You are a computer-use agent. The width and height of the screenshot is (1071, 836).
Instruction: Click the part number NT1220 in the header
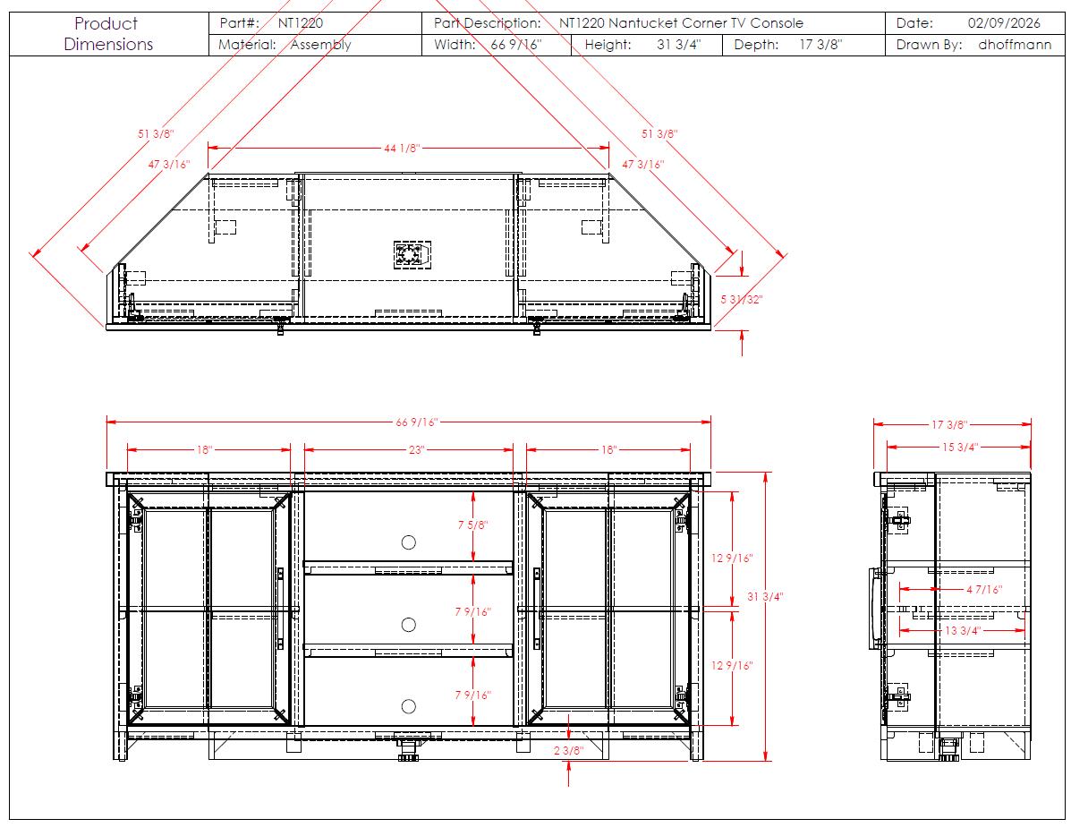pos(300,22)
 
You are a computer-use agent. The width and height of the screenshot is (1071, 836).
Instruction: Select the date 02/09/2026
pos(1003,22)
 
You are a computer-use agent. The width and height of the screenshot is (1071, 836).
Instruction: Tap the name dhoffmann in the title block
pos(1015,45)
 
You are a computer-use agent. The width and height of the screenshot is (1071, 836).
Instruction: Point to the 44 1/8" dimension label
pos(402,148)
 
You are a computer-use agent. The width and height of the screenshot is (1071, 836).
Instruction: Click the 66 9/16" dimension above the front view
pos(417,422)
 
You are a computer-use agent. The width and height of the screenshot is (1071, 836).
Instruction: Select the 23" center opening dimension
pos(417,450)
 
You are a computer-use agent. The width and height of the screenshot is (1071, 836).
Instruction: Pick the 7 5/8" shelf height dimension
pos(472,525)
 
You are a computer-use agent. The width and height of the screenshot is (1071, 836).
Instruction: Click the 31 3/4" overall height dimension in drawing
pos(765,597)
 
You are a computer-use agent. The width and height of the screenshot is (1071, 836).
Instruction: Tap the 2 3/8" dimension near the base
pos(568,751)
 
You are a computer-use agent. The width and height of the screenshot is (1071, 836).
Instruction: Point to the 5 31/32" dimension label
pos(742,299)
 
